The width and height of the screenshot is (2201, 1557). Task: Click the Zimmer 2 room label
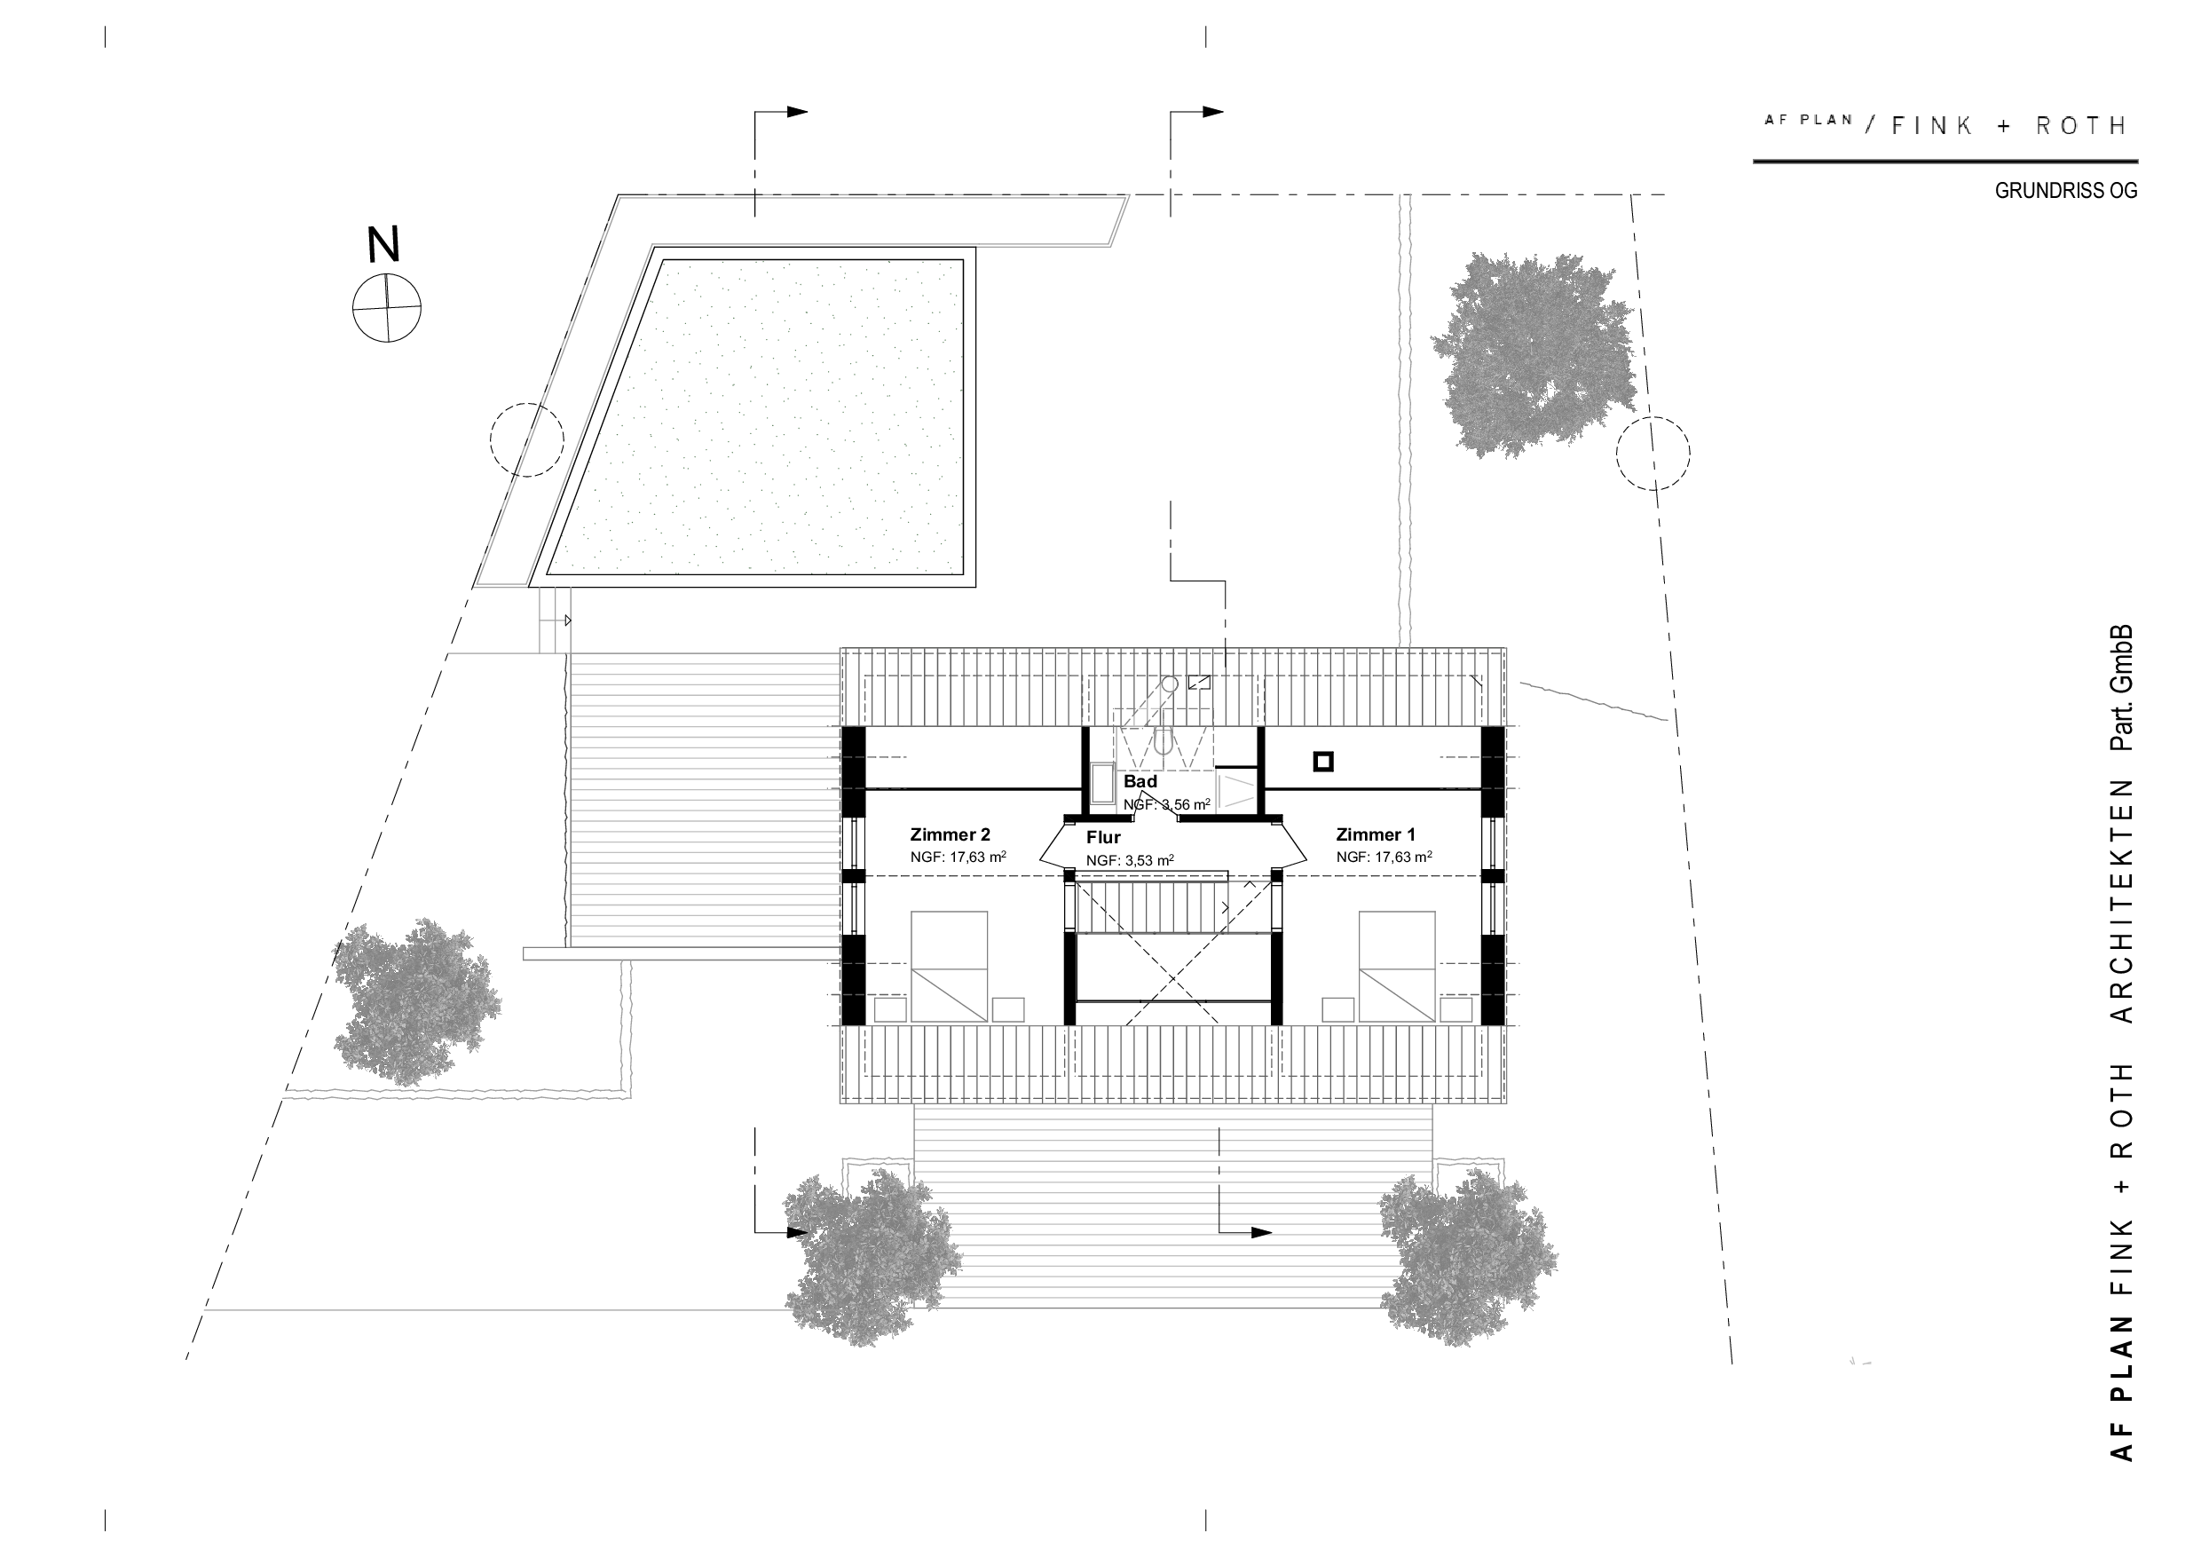click(x=950, y=835)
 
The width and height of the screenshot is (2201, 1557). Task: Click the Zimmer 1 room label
click(x=1376, y=835)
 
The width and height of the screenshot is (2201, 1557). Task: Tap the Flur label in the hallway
click(x=1103, y=838)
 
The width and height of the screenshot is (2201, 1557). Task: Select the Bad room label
click(x=1140, y=781)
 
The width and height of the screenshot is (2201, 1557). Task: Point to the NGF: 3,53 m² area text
click(x=1130, y=861)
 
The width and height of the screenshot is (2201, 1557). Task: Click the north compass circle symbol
click(x=386, y=308)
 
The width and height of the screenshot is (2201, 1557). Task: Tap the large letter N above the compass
click(x=384, y=245)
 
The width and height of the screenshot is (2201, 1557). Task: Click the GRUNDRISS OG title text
click(x=2066, y=191)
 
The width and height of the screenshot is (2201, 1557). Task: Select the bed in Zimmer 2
click(x=948, y=967)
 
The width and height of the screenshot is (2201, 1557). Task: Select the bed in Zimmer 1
click(x=1397, y=967)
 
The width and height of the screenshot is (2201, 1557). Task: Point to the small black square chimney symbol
click(x=1323, y=763)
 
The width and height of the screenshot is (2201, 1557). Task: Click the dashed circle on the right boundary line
click(x=1653, y=454)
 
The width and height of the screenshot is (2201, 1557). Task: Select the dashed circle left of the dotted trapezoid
click(x=526, y=440)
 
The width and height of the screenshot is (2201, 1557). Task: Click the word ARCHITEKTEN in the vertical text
click(x=2122, y=901)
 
